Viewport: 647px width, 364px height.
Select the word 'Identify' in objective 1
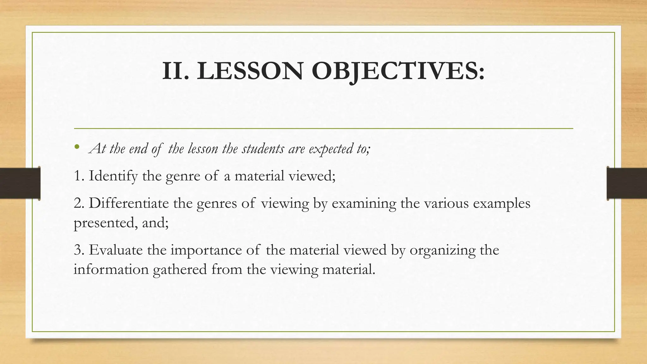point(113,176)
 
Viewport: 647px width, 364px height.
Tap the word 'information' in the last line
point(111,270)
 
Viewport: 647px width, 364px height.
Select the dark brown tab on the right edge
point(627,183)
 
